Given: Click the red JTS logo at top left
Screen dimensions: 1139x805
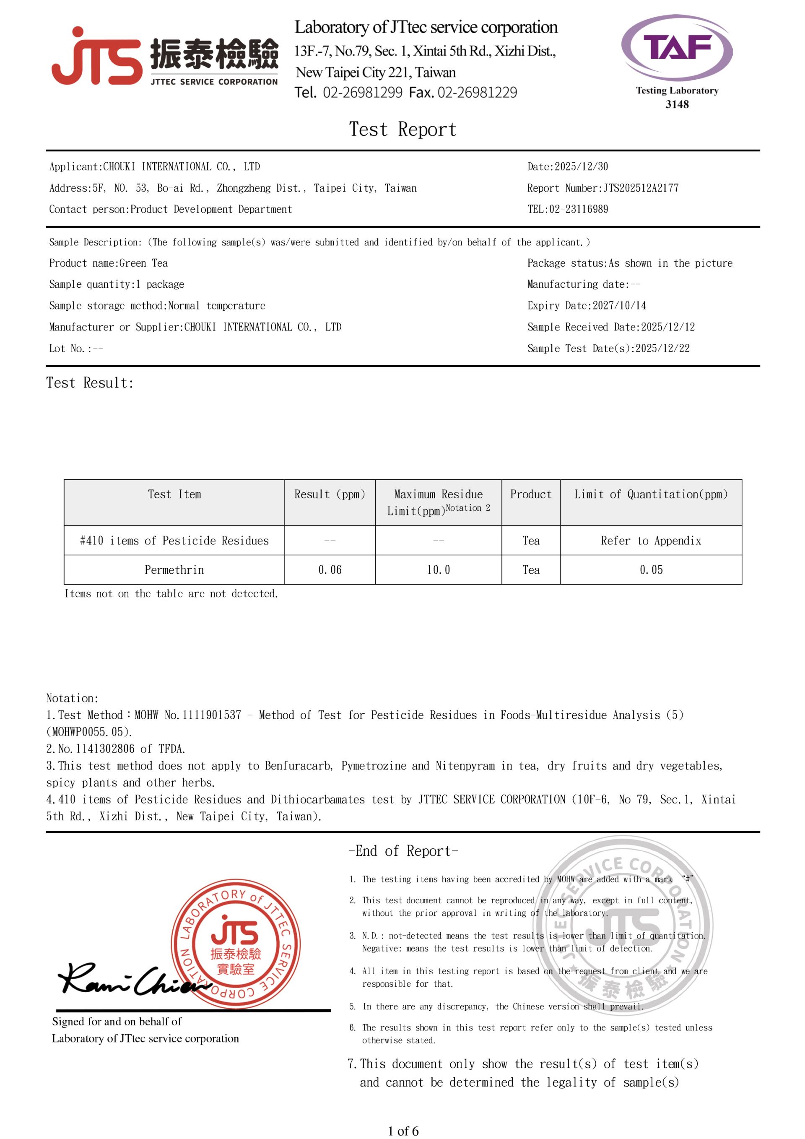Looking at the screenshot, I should [97, 57].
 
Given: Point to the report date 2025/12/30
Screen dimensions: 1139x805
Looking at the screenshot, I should [581, 166].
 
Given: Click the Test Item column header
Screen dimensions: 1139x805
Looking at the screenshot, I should [174, 494].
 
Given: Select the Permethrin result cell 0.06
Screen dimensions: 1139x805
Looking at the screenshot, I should [330, 569].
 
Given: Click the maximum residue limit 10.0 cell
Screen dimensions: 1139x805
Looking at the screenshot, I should [439, 569].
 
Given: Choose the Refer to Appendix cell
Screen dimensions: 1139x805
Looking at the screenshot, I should [651, 541].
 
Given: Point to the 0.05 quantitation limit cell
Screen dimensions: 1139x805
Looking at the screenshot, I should [651, 569].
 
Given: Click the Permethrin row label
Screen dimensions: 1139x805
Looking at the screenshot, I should [174, 569].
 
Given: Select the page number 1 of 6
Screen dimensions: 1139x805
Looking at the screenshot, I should [403, 1131].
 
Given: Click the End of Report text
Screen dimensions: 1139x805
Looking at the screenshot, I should [403, 851].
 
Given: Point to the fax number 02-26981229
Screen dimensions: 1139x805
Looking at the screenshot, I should [477, 93].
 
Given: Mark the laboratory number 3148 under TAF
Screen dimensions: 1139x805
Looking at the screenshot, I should [677, 104].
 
